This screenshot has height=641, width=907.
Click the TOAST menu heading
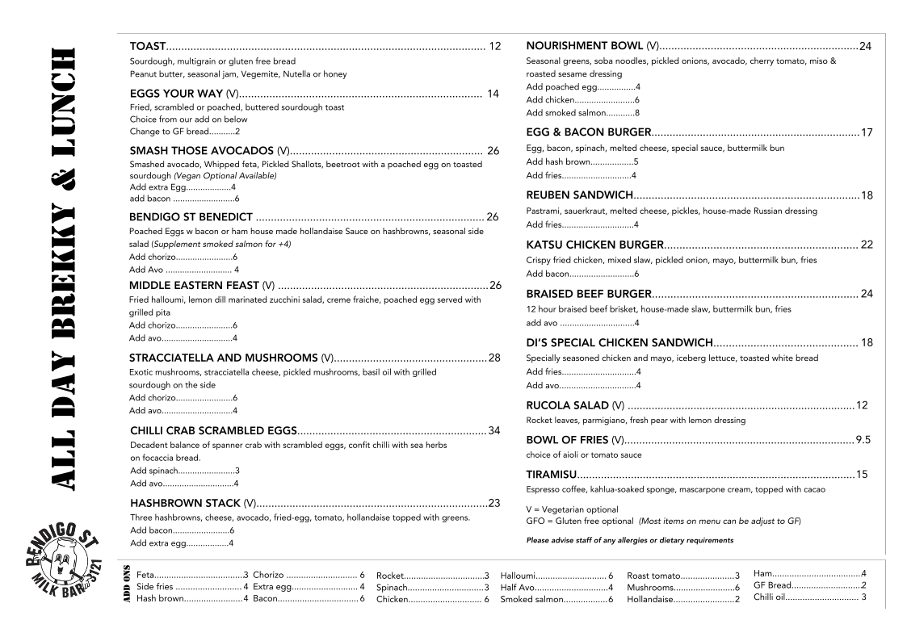[148, 47]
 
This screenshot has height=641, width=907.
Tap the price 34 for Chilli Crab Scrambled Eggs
[494, 430]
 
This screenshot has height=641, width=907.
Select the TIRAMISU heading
[552, 474]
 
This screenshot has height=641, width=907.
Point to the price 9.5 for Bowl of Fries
[863, 440]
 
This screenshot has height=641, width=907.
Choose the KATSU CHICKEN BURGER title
[594, 245]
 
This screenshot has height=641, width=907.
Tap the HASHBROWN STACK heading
[185, 503]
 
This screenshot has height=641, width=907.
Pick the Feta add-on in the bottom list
[192, 575]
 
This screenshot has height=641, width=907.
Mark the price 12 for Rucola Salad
[862, 405]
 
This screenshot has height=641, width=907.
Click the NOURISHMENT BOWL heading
[585, 46]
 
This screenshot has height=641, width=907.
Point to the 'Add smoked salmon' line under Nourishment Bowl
[582, 113]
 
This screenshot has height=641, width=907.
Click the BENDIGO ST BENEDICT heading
[191, 217]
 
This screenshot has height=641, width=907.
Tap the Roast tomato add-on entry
[683, 576]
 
